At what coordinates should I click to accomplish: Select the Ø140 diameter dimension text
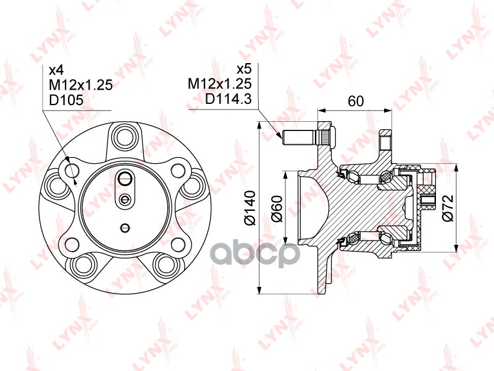click(x=249, y=208)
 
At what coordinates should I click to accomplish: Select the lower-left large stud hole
click(x=82, y=265)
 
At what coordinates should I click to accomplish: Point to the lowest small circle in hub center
click(x=125, y=227)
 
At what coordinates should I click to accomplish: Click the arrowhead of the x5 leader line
click(x=278, y=133)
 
